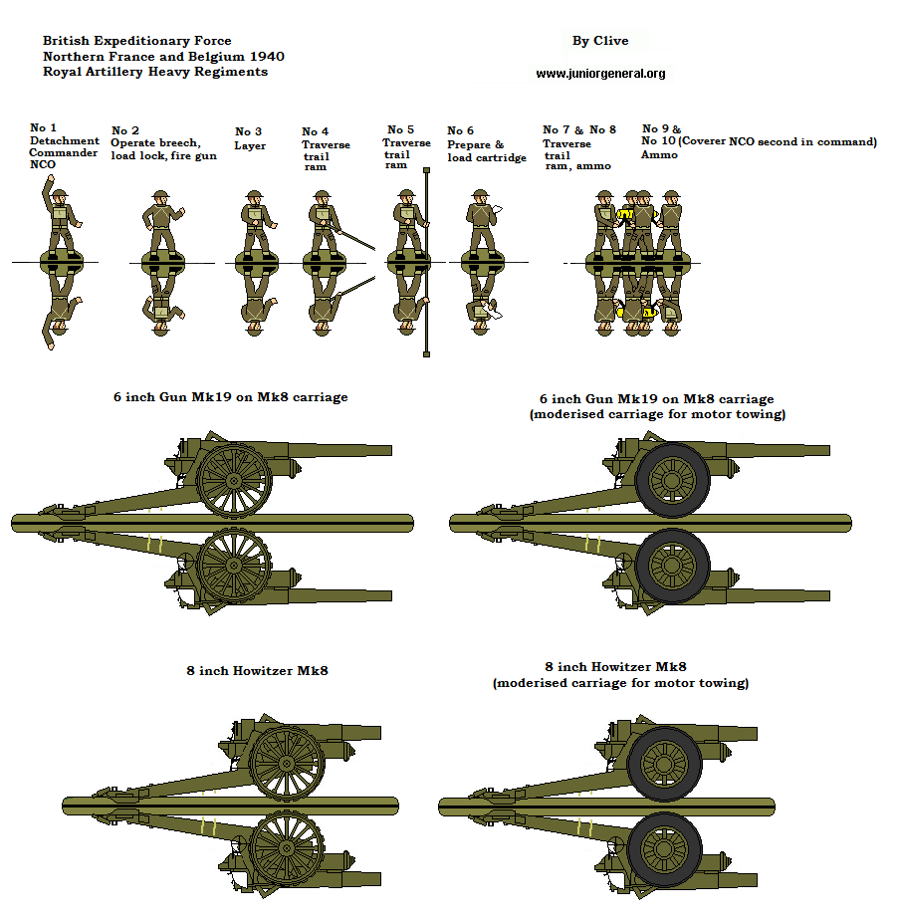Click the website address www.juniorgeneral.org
pos(600,74)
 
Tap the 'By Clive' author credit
pos(599,41)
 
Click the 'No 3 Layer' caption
pos(249,138)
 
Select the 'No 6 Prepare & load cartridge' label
pos(486,144)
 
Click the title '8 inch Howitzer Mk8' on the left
pos(257,670)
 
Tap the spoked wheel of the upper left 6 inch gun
pos(234,480)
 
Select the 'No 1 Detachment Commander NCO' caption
pos(63,145)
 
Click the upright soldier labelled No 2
pos(158,224)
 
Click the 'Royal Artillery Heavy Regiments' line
pos(154,72)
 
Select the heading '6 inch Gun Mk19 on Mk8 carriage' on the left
pos(230,396)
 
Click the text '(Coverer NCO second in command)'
pos(780,142)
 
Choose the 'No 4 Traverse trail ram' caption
pos(326,148)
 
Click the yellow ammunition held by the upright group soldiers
pos(626,214)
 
